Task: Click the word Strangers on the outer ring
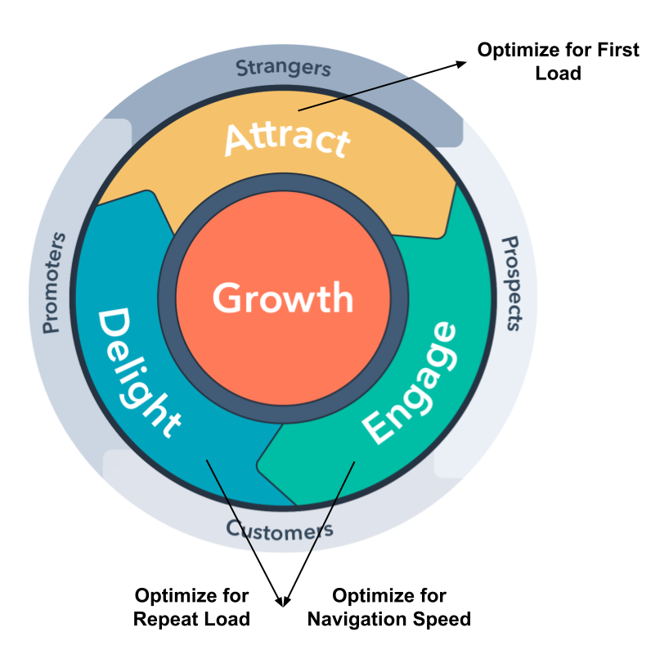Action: [283, 68]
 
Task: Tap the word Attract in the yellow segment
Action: [287, 138]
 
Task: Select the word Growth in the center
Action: [283, 298]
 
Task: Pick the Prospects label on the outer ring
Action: [510, 283]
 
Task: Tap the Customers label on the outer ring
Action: [280, 530]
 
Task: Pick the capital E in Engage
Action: [378, 428]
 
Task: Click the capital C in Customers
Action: [234, 528]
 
